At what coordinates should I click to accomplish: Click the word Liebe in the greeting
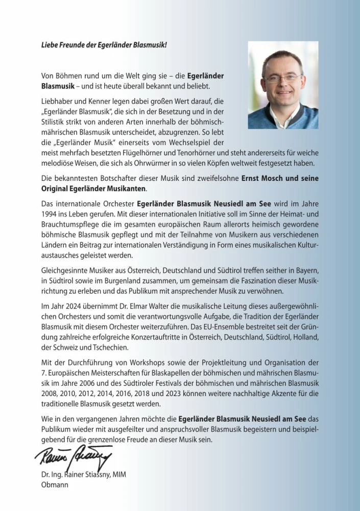50,45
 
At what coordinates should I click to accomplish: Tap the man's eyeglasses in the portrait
282,78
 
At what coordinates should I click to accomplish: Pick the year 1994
51,212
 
